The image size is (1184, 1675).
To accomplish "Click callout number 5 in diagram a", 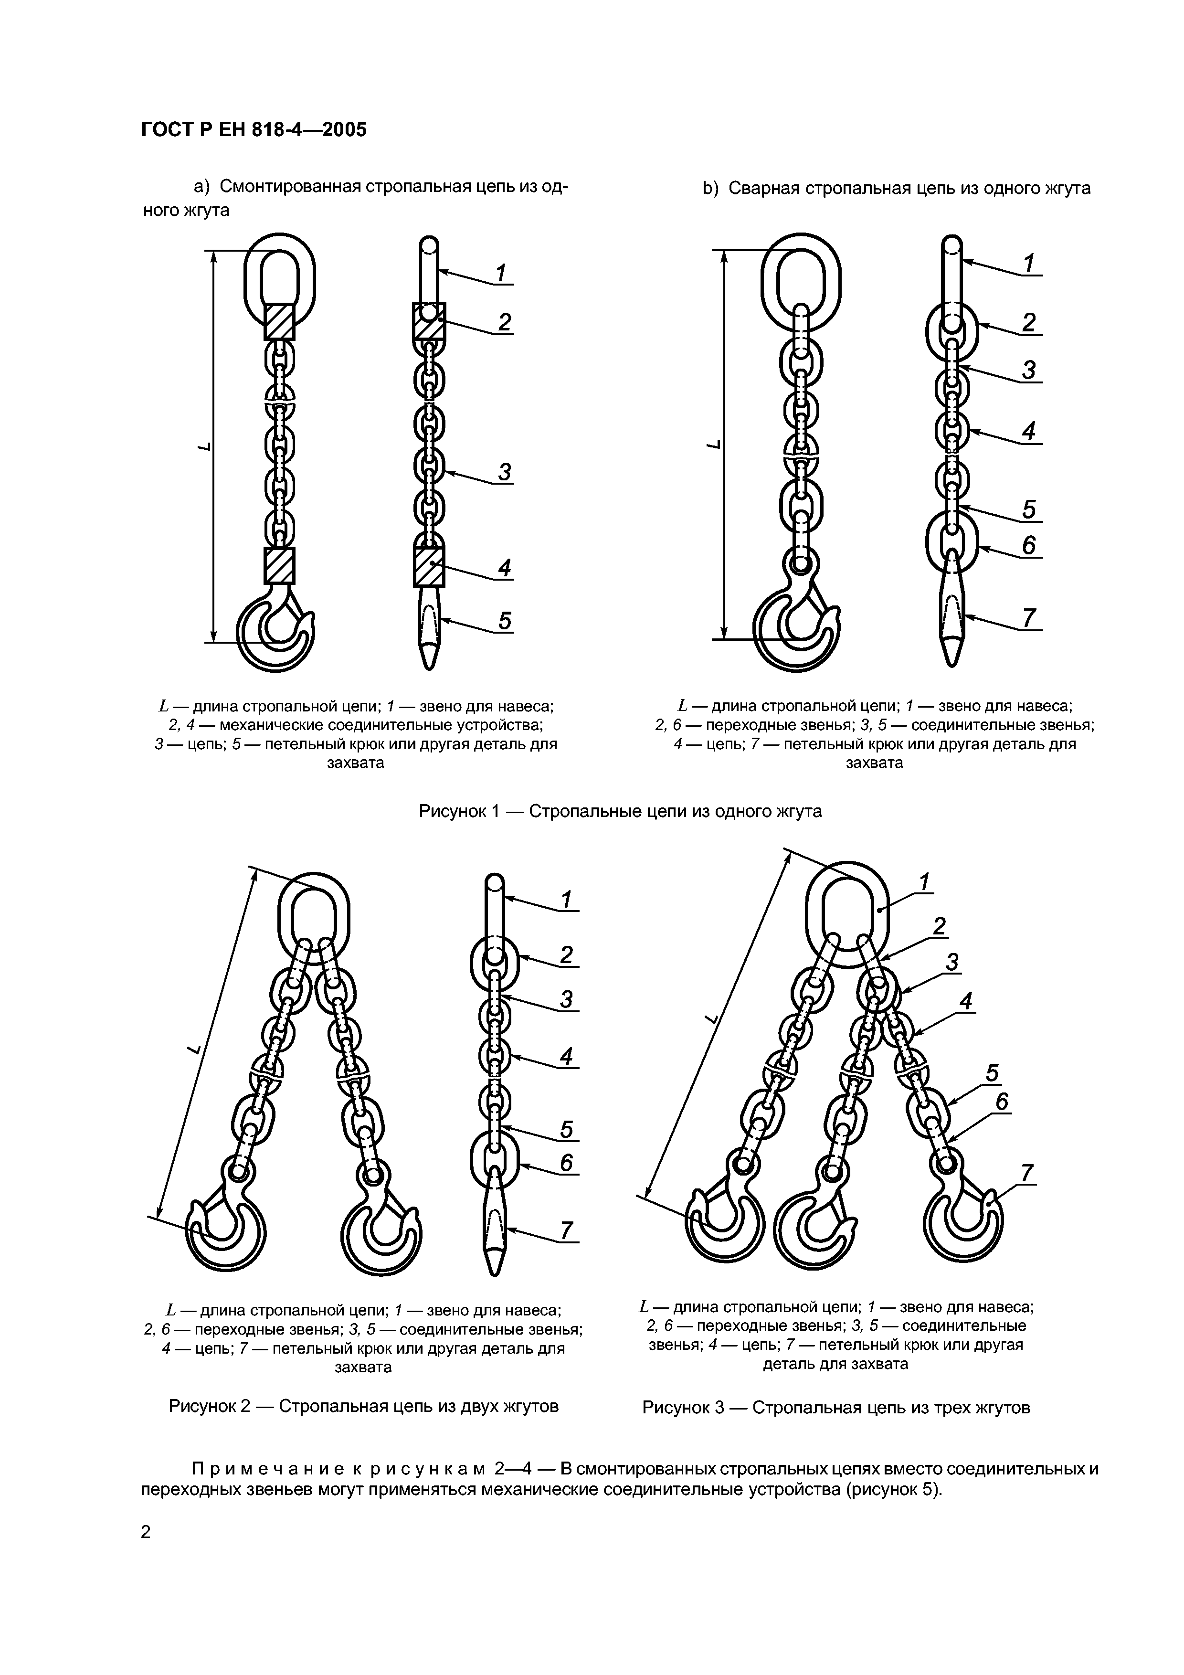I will click(505, 620).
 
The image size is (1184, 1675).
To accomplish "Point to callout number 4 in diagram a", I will click(505, 568).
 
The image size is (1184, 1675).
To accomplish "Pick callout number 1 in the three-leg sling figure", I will click(924, 883).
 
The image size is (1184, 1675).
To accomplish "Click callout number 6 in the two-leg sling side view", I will click(567, 1162).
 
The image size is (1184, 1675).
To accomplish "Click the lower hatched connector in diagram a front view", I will click(279, 565).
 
